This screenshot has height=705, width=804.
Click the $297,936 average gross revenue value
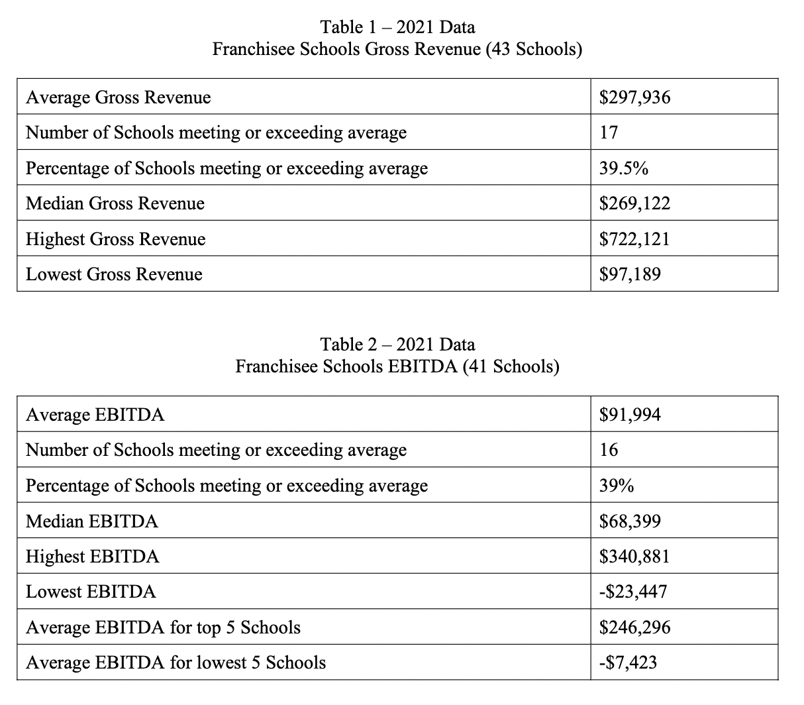pyautogui.click(x=634, y=97)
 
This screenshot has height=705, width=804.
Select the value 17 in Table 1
pyautogui.click(x=609, y=133)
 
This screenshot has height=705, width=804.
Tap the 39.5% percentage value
pyautogui.click(x=623, y=168)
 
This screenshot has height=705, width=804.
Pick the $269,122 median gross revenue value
pyautogui.click(x=634, y=203)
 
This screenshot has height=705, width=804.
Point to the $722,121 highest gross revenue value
pyautogui.click(x=634, y=239)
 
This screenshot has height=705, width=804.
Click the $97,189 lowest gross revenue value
pyautogui.click(x=630, y=274)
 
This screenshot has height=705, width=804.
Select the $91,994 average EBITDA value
pyautogui.click(x=630, y=415)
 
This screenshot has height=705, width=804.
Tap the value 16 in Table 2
pyautogui.click(x=609, y=450)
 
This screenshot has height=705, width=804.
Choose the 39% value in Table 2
pyautogui.click(x=617, y=486)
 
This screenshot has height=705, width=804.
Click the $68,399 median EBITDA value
pyautogui.click(x=630, y=521)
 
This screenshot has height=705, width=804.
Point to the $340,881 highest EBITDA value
pyautogui.click(x=634, y=556)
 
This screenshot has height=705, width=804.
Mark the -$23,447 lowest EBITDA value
pyautogui.click(x=632, y=592)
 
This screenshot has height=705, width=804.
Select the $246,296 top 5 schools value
pyautogui.click(x=634, y=627)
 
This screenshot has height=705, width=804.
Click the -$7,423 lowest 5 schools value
pyautogui.click(x=628, y=663)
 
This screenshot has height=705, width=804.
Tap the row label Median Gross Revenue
pyautogui.click(x=115, y=203)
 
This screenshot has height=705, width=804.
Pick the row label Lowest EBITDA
pyautogui.click(x=91, y=592)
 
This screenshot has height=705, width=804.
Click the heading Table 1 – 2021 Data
pyautogui.click(x=397, y=27)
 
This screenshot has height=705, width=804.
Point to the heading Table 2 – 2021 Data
pyautogui.click(x=397, y=345)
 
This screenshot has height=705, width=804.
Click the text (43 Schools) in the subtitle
pyautogui.click(x=534, y=49)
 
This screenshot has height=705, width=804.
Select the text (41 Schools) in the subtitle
pyautogui.click(x=511, y=366)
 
